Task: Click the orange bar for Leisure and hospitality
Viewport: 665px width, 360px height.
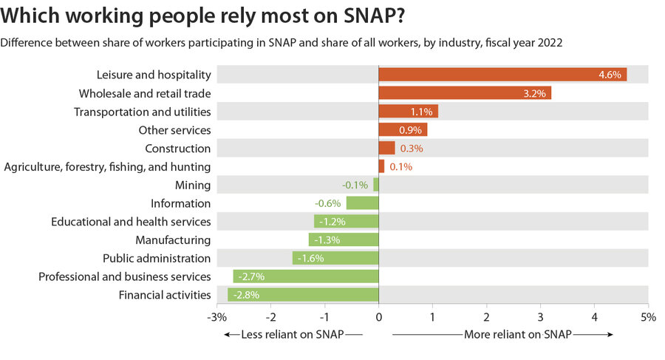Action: (x=502, y=75)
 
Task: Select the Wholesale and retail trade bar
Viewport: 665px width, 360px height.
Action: (x=465, y=93)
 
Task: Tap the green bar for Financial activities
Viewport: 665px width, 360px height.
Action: (x=303, y=296)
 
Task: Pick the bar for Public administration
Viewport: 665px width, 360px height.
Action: (x=335, y=259)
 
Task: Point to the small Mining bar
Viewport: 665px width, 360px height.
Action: (x=376, y=185)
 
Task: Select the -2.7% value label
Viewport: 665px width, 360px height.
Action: (x=249, y=277)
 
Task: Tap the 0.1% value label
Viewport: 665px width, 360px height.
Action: (x=400, y=167)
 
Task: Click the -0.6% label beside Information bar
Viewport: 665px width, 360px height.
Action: (x=327, y=203)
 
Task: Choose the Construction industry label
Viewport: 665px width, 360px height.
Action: (x=177, y=149)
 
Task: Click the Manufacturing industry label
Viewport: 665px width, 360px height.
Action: (x=173, y=240)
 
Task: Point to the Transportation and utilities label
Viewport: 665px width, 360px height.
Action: (x=143, y=112)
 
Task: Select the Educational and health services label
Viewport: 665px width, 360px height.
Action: (x=131, y=222)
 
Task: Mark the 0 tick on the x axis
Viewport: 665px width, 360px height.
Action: (x=378, y=316)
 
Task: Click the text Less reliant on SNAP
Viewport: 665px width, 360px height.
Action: (x=290, y=335)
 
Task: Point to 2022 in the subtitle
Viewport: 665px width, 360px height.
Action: (x=550, y=43)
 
